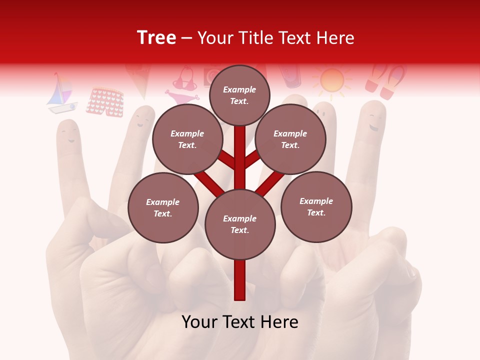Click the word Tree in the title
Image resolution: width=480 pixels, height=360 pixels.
(156, 37)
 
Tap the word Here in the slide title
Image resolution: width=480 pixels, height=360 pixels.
(334, 37)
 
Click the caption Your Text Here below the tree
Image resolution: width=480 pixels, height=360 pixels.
(240, 322)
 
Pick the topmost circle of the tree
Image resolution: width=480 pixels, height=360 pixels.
(239, 95)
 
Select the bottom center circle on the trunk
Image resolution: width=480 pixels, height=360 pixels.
(240, 224)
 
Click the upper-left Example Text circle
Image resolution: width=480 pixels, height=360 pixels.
(187, 139)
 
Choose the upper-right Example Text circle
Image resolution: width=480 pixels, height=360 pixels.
(290, 139)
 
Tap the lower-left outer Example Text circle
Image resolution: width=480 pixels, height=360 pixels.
(163, 207)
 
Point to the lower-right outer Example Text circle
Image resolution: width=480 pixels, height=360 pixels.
(316, 206)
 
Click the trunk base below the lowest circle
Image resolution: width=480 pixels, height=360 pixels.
(240, 280)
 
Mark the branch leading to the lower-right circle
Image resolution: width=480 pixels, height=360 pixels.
(270, 182)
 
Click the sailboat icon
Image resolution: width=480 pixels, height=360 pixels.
(61, 94)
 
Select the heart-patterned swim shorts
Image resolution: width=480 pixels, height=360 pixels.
(104, 102)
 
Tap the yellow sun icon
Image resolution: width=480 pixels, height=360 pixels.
(332, 80)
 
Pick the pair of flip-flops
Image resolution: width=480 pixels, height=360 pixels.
(385, 81)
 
